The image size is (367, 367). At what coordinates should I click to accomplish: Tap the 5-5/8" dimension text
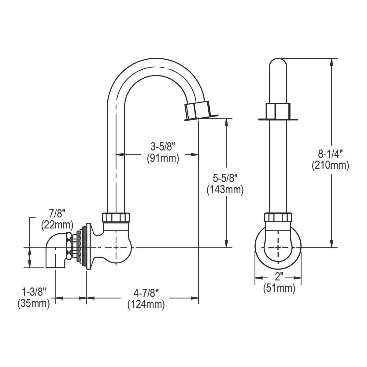(225, 179)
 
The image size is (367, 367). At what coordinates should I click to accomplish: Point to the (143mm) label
(225, 190)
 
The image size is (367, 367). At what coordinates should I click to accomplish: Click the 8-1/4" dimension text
(330, 154)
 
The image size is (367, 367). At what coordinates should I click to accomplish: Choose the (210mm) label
(330, 165)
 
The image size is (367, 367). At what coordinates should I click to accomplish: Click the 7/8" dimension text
(57, 213)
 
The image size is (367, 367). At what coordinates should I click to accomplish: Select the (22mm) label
(57, 224)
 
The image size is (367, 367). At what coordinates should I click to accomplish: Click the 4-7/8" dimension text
(146, 293)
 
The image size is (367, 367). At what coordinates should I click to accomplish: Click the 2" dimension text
(278, 277)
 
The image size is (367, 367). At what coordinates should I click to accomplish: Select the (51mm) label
(279, 288)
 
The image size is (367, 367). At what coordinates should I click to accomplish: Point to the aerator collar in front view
(278, 112)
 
